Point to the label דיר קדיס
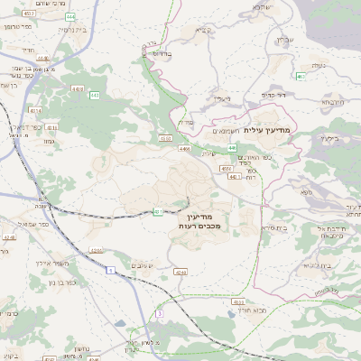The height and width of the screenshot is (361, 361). pyautogui.click(x=273, y=94)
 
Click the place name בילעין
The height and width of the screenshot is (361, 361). pyautogui.click(x=339, y=139)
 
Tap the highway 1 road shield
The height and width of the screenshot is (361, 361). pyautogui.click(x=109, y=270)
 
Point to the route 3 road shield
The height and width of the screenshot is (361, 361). pyautogui.click(x=158, y=311)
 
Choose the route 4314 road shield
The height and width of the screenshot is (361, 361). pyautogui.click(x=36, y=110)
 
